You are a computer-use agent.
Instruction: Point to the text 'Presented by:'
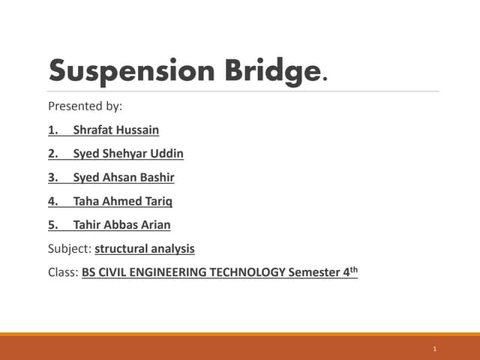(x=85, y=106)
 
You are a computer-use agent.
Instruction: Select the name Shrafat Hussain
(x=115, y=130)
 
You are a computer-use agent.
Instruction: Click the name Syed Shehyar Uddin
(x=128, y=154)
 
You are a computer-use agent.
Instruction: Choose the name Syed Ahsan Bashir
(x=124, y=178)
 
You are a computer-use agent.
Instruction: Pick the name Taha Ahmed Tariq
(x=123, y=201)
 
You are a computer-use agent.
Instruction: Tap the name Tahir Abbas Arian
(x=121, y=225)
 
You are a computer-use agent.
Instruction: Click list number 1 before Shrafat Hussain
(x=52, y=130)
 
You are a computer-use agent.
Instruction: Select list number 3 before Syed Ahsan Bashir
(x=52, y=178)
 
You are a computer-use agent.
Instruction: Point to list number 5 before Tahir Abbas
(x=52, y=225)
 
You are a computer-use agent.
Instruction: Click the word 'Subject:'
(x=70, y=248)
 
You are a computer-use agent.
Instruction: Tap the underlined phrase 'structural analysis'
(x=145, y=248)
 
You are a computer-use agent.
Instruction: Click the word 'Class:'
(x=63, y=272)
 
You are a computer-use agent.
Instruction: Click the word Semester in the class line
(x=314, y=272)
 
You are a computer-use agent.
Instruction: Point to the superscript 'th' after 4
(x=354, y=268)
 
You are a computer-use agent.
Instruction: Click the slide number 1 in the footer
(x=435, y=349)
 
